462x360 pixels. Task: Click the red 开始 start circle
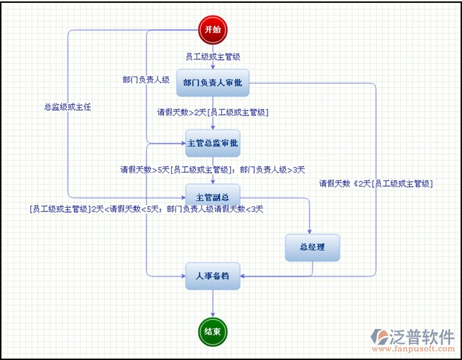point(213,29)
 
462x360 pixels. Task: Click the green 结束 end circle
point(213,331)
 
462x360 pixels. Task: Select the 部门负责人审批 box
point(213,83)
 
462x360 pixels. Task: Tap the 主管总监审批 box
point(213,143)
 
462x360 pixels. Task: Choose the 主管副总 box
point(213,197)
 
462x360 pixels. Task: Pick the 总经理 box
point(312,247)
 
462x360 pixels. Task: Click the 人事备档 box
point(213,275)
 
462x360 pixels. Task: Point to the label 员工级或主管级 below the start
point(213,56)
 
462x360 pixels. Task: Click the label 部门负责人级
point(146,80)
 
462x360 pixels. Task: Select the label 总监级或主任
point(68,107)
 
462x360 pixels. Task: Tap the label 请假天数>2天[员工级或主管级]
point(213,112)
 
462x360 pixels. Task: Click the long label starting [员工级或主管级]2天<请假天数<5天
point(146,209)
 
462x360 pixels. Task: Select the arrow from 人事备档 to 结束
point(213,303)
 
